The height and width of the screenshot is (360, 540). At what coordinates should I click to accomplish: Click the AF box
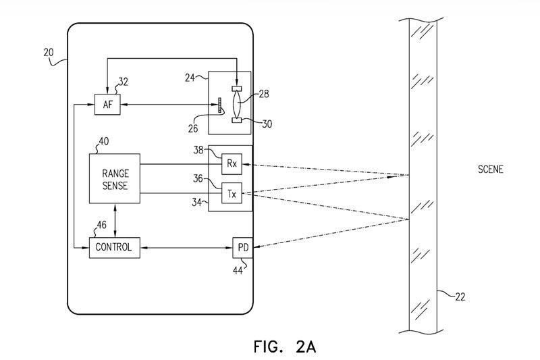[107, 105]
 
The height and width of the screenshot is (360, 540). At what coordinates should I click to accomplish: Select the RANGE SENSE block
[115, 178]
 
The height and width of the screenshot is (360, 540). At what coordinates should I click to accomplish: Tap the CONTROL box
[115, 248]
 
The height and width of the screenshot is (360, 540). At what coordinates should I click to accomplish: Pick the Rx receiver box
[232, 164]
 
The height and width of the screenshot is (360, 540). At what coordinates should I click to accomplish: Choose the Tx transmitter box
[232, 193]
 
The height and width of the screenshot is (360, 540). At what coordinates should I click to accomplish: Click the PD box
[243, 248]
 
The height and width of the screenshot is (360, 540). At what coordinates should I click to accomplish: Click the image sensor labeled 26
[219, 105]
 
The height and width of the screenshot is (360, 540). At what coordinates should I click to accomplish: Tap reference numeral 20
[49, 53]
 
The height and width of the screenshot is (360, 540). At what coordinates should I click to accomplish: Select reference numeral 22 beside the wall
[460, 297]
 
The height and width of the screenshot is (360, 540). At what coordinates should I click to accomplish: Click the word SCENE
[491, 169]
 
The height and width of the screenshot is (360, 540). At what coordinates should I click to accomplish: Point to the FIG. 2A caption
[285, 346]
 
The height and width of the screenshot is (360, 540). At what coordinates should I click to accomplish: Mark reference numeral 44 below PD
[238, 271]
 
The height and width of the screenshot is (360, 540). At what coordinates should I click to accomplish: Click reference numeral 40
[104, 141]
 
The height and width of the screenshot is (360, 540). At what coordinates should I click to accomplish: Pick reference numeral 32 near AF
[123, 82]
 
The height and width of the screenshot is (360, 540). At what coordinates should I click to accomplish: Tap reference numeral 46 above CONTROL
[101, 225]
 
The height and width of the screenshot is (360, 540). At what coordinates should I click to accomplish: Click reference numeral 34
[196, 202]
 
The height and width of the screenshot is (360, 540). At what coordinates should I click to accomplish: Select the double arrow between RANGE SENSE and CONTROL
[115, 220]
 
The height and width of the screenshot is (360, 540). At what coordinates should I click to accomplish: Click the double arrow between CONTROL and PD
[186, 248]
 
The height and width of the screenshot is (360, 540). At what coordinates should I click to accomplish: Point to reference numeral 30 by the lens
[267, 124]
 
